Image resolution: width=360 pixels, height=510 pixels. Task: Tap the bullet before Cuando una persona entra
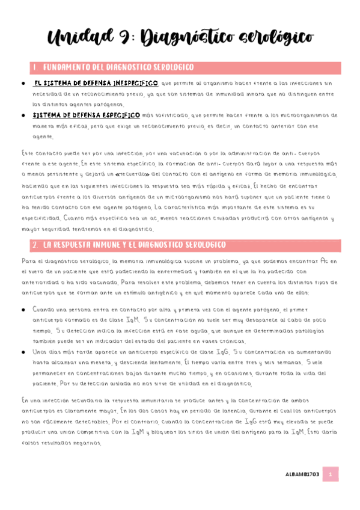click(x=23, y=308)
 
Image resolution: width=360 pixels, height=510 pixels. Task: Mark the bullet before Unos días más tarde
click(x=23, y=352)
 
